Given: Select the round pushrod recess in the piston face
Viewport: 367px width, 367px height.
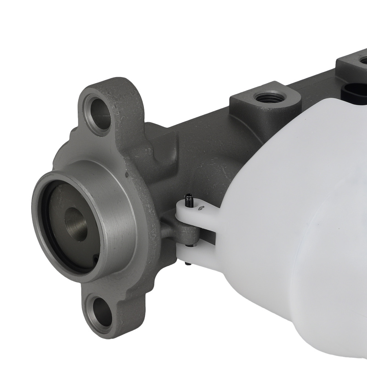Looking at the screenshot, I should (x=76, y=224).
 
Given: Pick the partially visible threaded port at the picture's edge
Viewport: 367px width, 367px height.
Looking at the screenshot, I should (x=363, y=59).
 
